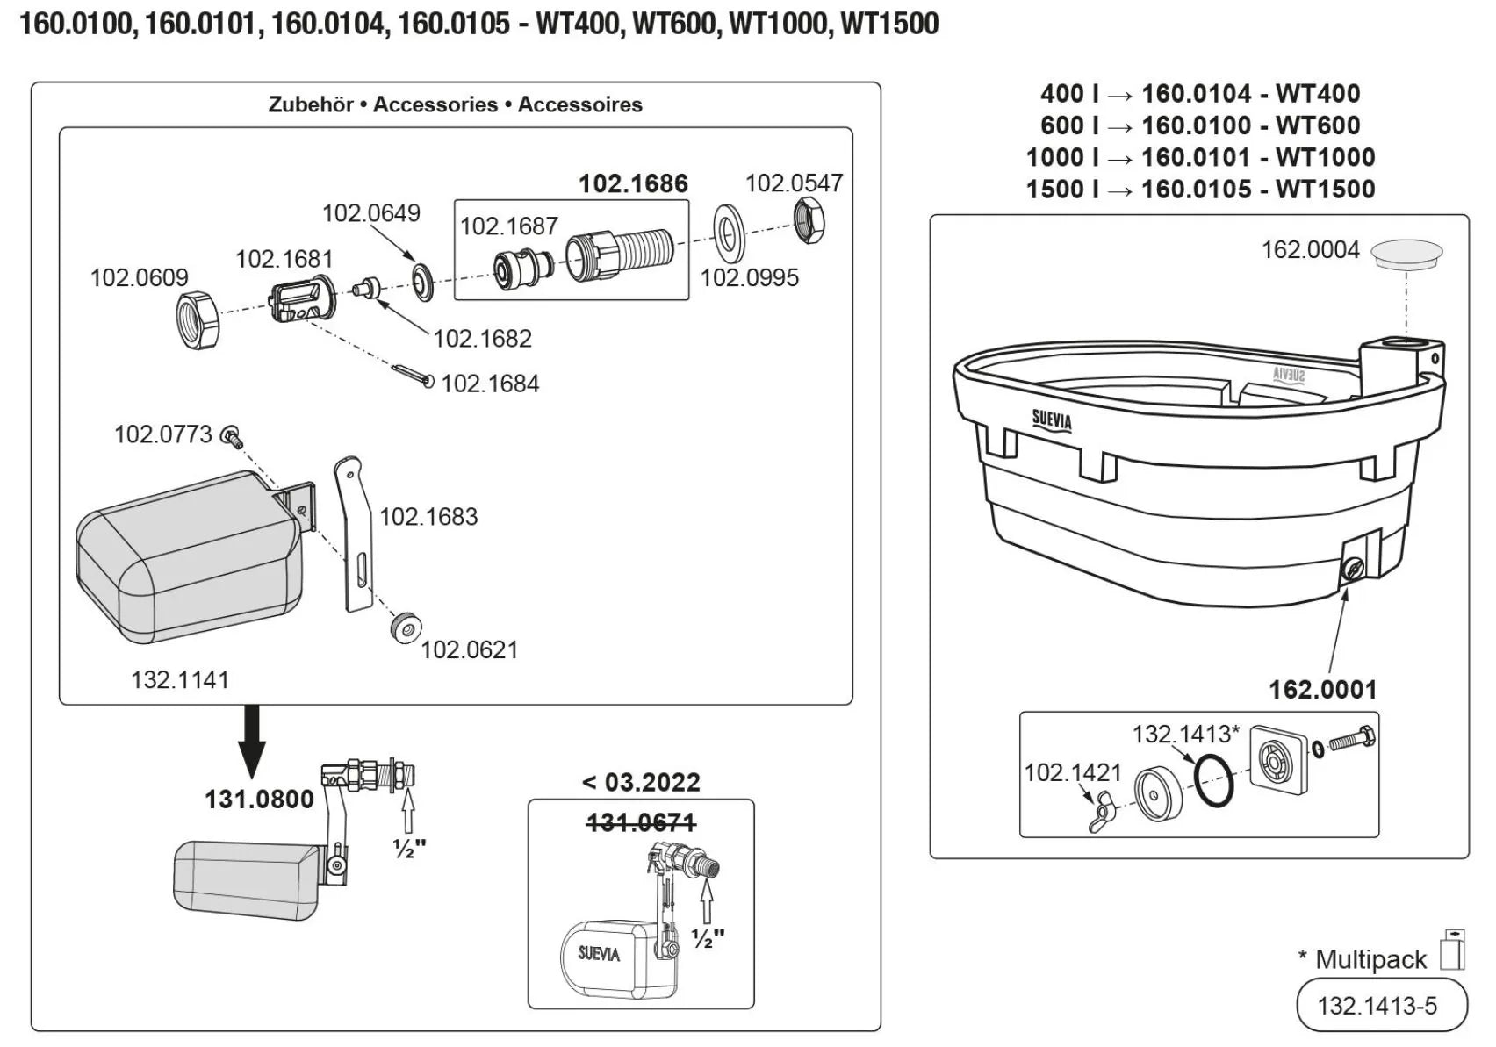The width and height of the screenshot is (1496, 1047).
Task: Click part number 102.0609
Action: coord(139,277)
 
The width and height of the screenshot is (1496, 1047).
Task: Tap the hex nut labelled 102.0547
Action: coord(809,221)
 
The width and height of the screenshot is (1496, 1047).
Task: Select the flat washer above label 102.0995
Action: coord(728,233)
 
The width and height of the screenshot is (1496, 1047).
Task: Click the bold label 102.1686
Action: coord(633,183)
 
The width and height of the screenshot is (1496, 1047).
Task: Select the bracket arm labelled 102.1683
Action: coord(354,534)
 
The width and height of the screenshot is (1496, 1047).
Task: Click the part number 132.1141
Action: coord(180,679)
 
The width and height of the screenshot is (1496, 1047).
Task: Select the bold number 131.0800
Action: coord(259,800)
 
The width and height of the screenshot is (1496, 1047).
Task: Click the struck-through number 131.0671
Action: coord(641,822)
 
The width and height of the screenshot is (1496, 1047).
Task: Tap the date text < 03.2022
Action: coord(641,782)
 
